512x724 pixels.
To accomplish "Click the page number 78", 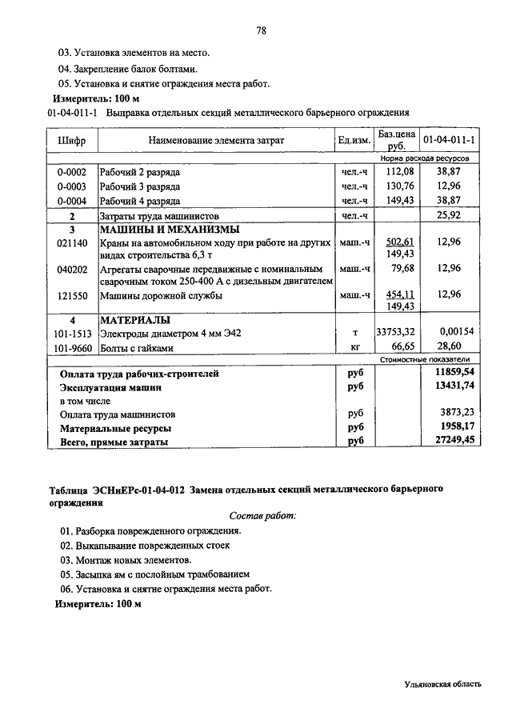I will [261, 31].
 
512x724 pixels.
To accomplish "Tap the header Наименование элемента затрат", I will [216, 141].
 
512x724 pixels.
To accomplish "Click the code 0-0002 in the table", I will [72, 172].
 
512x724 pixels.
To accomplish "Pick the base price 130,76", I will [398, 186].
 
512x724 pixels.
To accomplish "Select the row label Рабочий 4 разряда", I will [140, 201].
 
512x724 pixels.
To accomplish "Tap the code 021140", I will [72, 242].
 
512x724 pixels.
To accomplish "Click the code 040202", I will [72, 269].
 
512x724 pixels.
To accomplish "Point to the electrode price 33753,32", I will [397, 333].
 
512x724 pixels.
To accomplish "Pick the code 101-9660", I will [72, 347].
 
